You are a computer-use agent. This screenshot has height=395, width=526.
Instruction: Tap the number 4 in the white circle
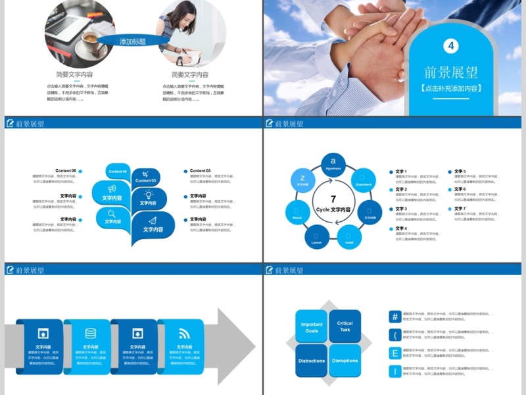click(x=451, y=45)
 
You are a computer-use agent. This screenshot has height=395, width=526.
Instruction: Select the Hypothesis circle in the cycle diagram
click(x=333, y=163)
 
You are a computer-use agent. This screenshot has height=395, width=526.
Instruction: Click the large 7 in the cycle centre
click(x=333, y=199)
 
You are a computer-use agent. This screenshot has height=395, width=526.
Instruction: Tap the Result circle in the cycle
click(x=297, y=212)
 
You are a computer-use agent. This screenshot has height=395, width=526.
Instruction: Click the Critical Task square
click(x=345, y=326)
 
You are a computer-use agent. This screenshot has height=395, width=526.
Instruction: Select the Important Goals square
click(x=312, y=327)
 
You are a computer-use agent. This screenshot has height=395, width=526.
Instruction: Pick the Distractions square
click(x=312, y=360)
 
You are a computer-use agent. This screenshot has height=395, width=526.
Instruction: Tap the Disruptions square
click(x=345, y=360)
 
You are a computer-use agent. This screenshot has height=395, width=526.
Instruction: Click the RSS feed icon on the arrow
click(x=183, y=332)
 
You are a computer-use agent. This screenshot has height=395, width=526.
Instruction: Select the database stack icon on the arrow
click(x=90, y=332)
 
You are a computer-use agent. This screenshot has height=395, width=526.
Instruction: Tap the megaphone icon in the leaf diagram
click(x=112, y=188)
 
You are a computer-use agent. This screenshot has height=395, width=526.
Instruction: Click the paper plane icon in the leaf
click(x=153, y=221)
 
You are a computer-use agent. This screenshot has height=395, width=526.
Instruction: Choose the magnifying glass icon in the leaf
click(x=112, y=213)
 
